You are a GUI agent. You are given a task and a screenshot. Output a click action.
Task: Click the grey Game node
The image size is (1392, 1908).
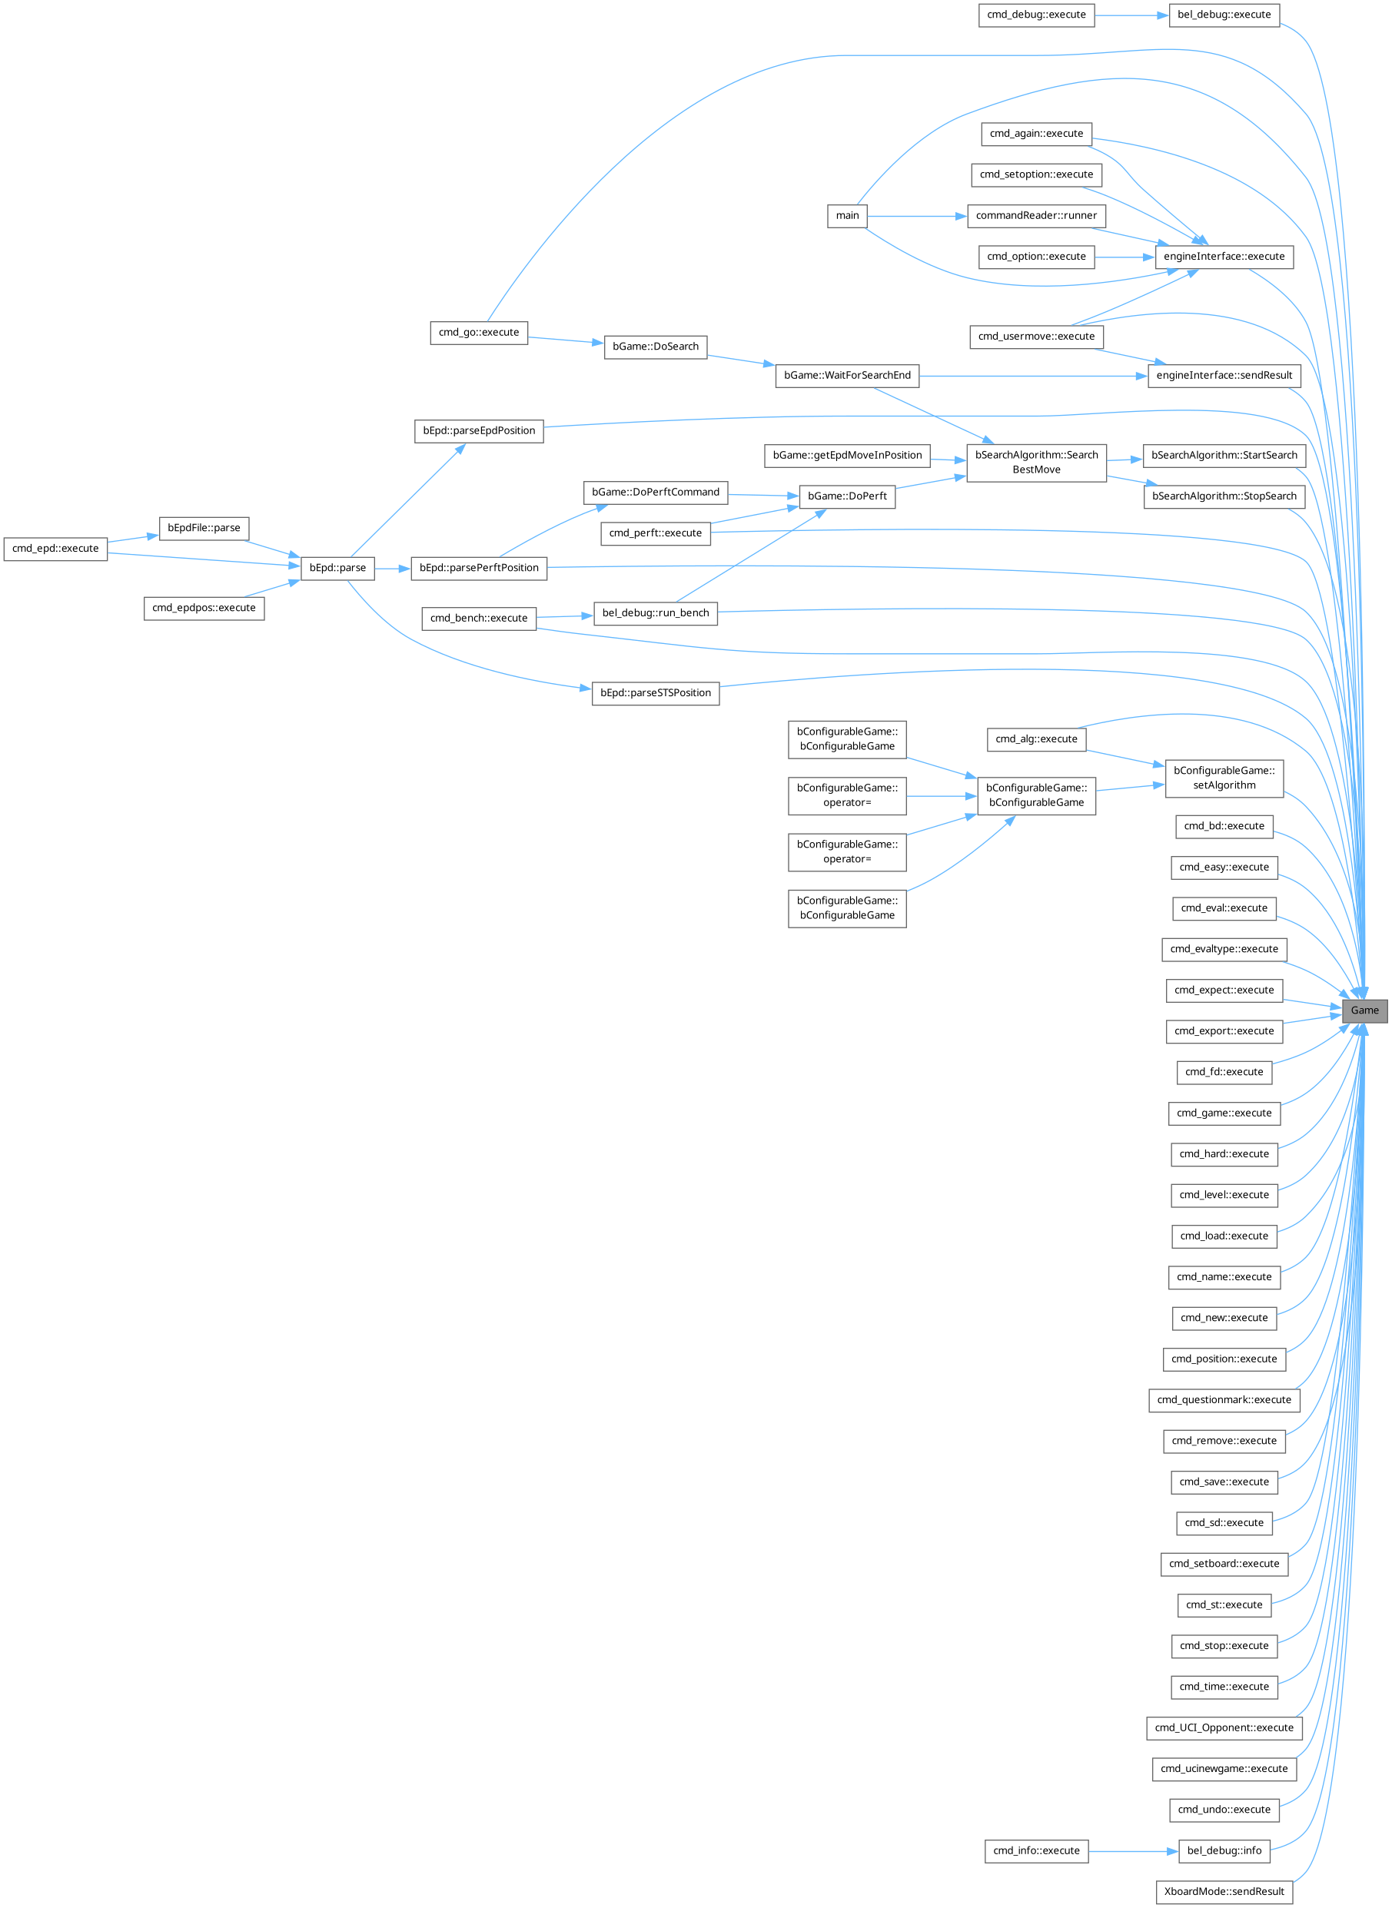(1364, 1010)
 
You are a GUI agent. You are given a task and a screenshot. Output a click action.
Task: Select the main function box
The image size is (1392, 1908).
(847, 216)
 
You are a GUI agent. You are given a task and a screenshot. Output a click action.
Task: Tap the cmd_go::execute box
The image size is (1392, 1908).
(479, 333)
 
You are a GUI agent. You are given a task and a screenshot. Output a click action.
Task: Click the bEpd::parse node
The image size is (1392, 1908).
(337, 568)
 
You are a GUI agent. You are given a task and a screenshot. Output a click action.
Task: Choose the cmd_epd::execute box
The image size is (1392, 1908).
(55, 549)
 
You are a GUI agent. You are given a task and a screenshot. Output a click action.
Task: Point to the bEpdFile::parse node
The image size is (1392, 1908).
(204, 528)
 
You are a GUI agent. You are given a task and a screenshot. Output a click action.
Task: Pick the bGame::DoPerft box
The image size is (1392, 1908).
(847, 496)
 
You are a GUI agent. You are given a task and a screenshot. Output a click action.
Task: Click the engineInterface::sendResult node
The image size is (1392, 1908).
(1224, 376)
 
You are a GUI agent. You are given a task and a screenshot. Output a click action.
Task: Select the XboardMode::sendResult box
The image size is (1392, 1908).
(1224, 1891)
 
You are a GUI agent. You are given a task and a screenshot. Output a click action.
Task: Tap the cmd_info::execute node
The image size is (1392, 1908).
(1035, 1850)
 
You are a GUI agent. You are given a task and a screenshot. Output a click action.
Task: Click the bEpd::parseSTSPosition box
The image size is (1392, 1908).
(656, 693)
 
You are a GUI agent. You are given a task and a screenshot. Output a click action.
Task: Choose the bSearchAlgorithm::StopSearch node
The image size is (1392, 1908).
(1224, 496)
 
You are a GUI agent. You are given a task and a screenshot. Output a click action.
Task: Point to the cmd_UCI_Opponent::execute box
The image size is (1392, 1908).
(1224, 1727)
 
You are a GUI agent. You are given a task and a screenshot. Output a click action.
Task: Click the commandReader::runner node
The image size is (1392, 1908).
(1035, 216)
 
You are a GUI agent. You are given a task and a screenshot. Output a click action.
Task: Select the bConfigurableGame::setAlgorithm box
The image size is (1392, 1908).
(1224, 778)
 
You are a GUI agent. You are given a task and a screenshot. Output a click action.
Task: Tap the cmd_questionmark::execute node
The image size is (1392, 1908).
(1224, 1400)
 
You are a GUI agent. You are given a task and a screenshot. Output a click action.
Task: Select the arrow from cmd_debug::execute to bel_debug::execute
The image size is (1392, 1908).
(1131, 15)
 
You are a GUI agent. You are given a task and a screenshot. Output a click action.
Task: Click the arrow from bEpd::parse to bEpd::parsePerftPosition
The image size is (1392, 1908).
(393, 569)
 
